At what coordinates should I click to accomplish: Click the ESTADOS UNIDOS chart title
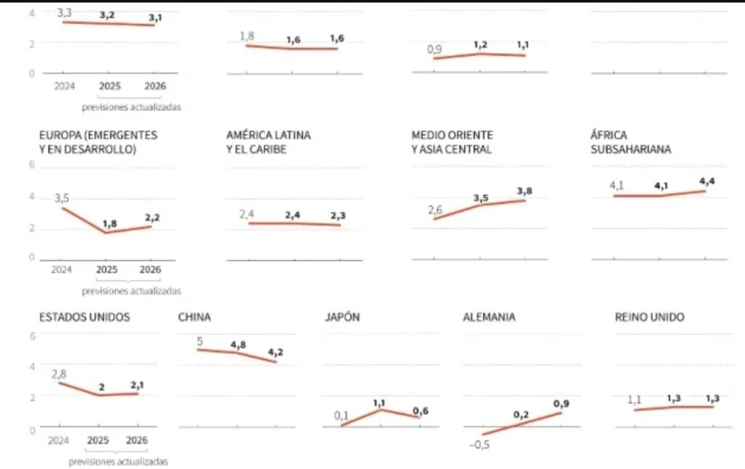(84, 317)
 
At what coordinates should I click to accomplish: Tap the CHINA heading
(194, 317)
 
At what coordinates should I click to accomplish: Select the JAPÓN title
(343, 317)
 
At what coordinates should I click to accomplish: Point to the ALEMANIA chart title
(489, 317)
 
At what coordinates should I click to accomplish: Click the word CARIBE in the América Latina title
(268, 149)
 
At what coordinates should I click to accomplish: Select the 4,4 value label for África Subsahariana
(707, 181)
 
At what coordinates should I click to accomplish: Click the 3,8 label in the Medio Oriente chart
(524, 191)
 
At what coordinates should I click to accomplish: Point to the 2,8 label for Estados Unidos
(59, 374)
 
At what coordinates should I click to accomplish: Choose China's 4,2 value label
(275, 352)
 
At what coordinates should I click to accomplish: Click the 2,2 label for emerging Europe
(151, 217)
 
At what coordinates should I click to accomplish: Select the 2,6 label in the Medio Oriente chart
(434, 210)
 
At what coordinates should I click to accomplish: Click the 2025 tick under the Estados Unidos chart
(100, 441)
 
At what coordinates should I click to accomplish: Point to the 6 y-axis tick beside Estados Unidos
(31, 335)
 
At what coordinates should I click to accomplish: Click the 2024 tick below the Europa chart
(63, 269)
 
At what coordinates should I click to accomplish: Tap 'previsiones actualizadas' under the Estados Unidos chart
(119, 462)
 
